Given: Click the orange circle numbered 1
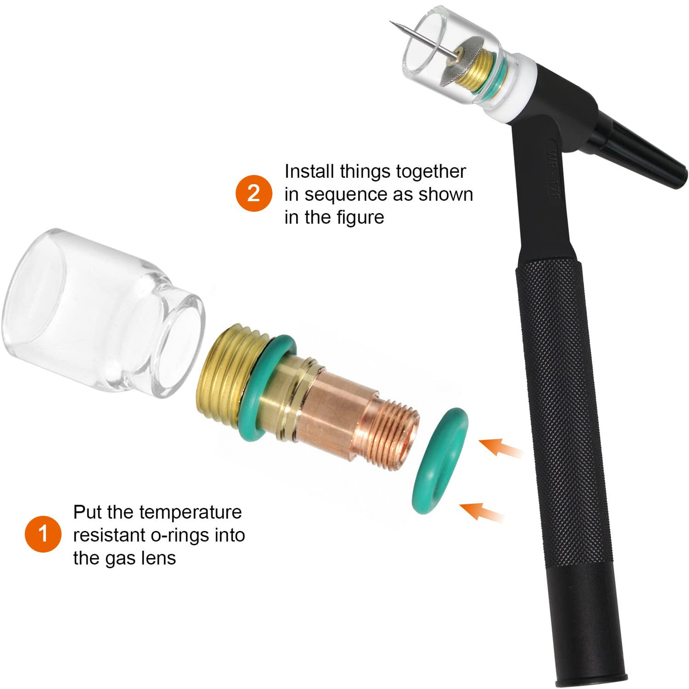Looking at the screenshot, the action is click(x=43, y=534).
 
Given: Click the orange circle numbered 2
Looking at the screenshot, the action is click(x=254, y=193).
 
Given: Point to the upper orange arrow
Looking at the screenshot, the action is click(x=501, y=448).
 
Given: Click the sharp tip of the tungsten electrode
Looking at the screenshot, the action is click(x=390, y=22).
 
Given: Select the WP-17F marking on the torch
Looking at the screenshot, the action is click(x=552, y=174).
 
